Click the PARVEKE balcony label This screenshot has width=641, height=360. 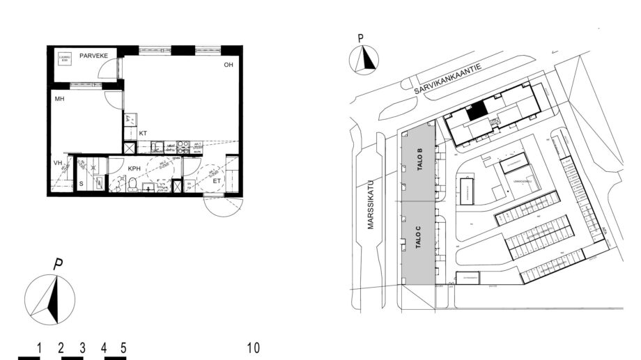coord(92,55)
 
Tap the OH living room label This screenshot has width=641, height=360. coord(228,65)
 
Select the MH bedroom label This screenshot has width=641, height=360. coord(60,100)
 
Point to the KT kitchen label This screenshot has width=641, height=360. coord(143,132)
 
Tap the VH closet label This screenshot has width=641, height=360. coord(59,164)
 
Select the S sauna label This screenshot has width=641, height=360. coord(81,183)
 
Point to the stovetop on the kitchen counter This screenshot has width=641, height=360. coord(183,147)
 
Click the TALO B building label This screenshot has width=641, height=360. coord(419,160)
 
